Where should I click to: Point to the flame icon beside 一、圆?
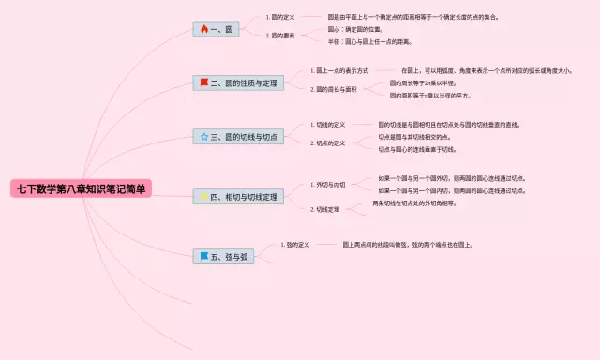tap(203, 30)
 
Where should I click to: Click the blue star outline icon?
tap(203, 137)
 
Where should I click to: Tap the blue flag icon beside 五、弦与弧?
tap(203, 256)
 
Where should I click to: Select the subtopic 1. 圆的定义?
tap(281, 17)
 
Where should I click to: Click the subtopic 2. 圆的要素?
tap(281, 36)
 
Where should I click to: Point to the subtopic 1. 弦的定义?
tap(295, 245)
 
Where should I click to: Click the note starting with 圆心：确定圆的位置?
tap(354, 29)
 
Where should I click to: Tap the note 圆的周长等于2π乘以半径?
tap(423, 82)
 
